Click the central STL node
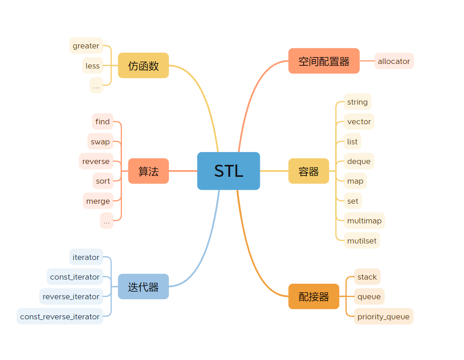click(x=228, y=171)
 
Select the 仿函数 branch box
click(x=143, y=65)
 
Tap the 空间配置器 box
click(x=324, y=61)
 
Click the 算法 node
click(x=148, y=171)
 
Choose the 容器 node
click(x=309, y=171)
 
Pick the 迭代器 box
click(x=143, y=286)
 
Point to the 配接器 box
click(x=314, y=296)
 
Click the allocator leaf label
click(x=394, y=61)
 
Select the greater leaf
click(x=86, y=46)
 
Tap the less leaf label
click(x=92, y=66)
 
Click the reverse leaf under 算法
click(x=96, y=161)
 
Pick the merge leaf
click(x=98, y=201)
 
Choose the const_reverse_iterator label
click(x=60, y=317)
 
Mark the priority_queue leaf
click(x=384, y=317)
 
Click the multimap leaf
click(x=364, y=221)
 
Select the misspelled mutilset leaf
click(x=362, y=241)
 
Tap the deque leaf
click(x=359, y=161)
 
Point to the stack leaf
click(x=367, y=277)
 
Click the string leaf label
click(x=358, y=102)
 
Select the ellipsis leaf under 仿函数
click(x=96, y=85)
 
